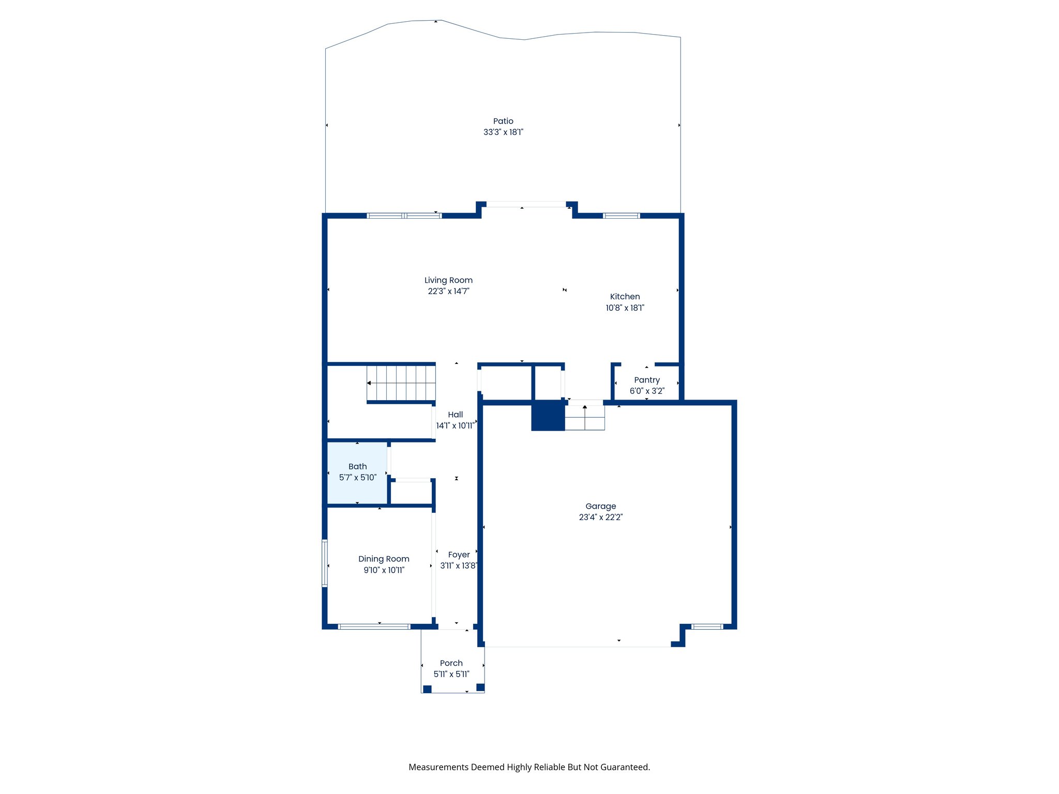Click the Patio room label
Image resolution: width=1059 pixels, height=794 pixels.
[x=503, y=121]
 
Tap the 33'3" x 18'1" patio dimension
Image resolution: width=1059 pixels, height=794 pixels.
[x=503, y=132]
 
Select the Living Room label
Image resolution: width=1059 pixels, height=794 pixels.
[x=448, y=280]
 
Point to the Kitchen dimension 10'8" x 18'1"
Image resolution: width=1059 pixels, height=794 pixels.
[x=625, y=308]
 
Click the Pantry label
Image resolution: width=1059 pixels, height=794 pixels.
[x=646, y=380]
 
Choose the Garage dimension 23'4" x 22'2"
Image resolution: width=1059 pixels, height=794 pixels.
[x=600, y=517]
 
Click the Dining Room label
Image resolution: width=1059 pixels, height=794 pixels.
[x=384, y=559]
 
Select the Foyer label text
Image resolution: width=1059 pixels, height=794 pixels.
[x=459, y=555]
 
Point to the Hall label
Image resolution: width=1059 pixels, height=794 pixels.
[x=455, y=415]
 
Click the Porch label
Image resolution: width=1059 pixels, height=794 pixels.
[x=451, y=663]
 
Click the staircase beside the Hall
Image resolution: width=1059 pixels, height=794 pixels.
[x=401, y=383]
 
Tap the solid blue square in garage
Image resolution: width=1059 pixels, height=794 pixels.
[x=548, y=416]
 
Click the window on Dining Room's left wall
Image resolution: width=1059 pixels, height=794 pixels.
[x=325, y=563]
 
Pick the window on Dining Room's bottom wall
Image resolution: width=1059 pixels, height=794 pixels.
[x=374, y=627]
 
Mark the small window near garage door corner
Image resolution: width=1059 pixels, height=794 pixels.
[x=707, y=627]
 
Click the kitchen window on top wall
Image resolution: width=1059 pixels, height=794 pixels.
[x=621, y=216]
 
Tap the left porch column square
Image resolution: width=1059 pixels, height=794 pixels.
[x=427, y=689]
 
